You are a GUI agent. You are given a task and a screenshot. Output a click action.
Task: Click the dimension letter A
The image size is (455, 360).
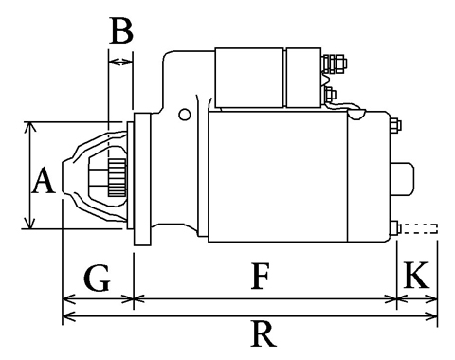44,181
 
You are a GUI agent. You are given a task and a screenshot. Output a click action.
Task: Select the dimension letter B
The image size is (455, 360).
121,30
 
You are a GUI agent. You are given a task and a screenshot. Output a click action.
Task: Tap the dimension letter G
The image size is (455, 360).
97,278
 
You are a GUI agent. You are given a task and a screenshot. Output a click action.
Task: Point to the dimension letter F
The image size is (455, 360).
261,276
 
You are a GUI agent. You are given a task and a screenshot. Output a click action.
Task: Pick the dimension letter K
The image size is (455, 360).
416,275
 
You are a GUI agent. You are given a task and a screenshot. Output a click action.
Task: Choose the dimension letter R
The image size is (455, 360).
264,333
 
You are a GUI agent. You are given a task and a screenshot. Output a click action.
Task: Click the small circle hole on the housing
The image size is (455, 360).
185,115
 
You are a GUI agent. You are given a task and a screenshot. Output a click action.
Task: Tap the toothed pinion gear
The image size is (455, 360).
118,178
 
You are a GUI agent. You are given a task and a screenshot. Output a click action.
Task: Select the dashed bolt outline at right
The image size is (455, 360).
419,228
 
